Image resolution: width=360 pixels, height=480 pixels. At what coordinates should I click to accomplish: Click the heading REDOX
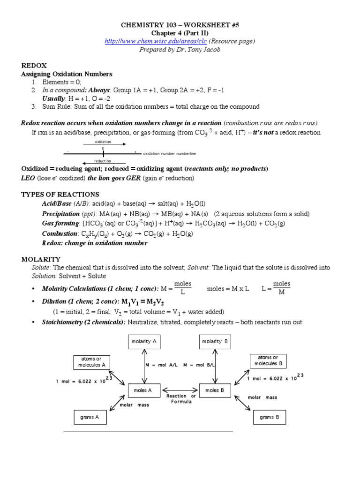tap(34, 66)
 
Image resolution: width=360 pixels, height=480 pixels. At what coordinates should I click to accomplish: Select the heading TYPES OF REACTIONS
tap(60, 194)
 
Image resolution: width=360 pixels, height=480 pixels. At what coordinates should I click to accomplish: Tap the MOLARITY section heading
tap(41, 259)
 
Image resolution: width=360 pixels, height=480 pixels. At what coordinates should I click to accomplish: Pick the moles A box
tap(143, 390)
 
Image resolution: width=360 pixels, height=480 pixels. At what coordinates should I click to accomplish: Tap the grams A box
tap(90, 417)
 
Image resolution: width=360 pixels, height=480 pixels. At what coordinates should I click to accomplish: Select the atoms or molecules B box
tap(268, 360)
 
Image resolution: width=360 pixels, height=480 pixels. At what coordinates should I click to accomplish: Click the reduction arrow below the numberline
tap(104, 164)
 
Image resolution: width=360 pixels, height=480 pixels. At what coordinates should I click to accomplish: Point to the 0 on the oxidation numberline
tap(103, 149)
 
